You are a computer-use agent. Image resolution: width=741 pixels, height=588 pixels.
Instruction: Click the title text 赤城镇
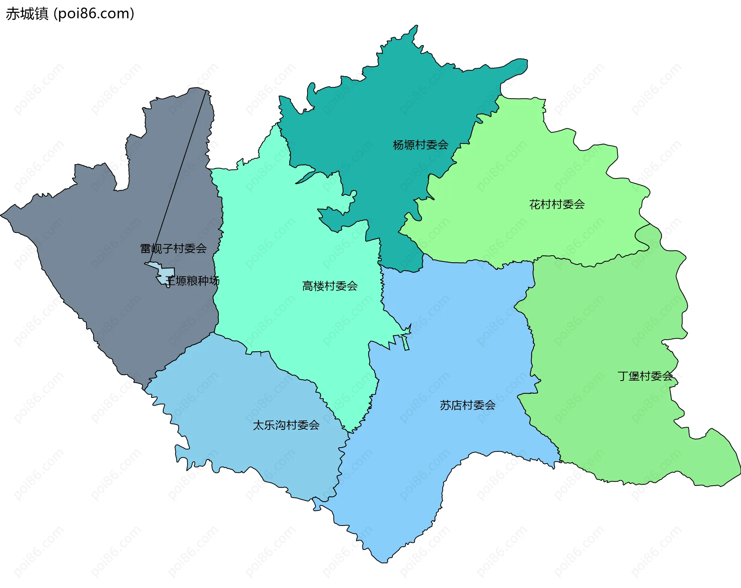27,13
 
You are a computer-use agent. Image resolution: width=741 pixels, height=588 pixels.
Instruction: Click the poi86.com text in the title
94,13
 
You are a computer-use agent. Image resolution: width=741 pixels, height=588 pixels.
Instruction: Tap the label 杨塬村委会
420,145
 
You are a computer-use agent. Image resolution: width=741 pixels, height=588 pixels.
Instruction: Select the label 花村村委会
557,204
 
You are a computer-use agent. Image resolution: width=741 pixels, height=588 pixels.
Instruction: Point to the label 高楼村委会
330,286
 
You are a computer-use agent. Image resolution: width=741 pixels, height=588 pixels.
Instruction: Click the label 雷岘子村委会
173,249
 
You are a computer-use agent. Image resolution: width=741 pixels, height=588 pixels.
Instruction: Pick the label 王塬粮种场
193,281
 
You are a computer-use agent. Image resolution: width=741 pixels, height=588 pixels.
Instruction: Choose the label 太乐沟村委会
286,425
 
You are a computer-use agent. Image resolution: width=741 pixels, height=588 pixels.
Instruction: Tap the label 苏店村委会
467,405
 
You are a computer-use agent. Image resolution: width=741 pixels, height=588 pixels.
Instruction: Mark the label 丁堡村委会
645,376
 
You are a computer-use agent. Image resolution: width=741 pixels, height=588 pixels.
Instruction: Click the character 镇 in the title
42,13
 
